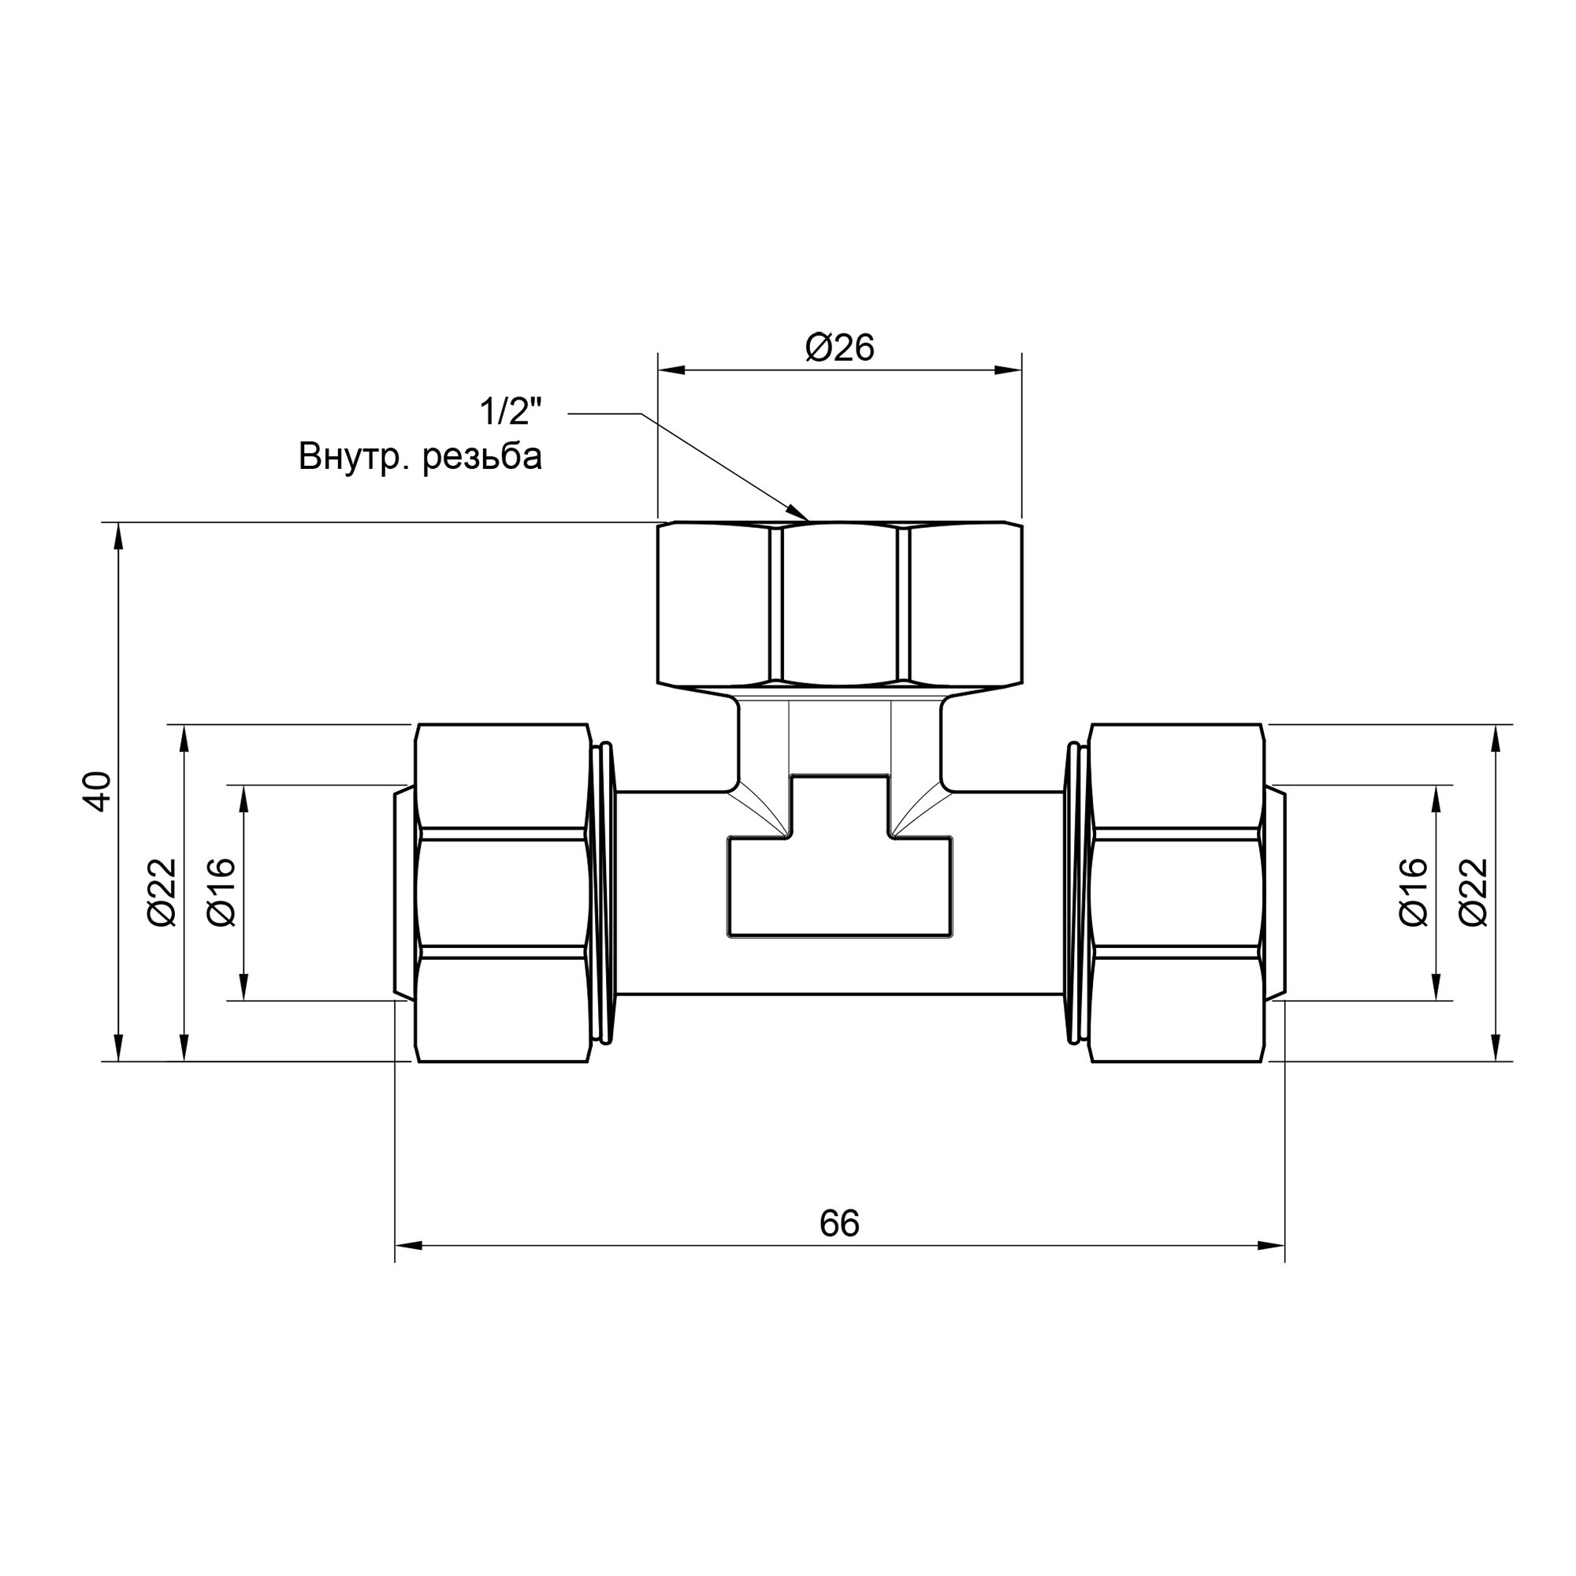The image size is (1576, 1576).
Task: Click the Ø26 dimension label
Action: (839, 348)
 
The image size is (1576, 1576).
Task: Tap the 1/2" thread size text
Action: (511, 412)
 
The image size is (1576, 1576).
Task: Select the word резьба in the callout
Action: (482, 457)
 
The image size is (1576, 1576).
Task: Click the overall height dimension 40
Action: (98, 790)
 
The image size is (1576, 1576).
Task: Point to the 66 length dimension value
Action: (839, 1224)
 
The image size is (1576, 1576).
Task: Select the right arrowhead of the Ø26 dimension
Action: (1009, 370)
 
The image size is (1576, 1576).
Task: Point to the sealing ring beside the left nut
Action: (604, 893)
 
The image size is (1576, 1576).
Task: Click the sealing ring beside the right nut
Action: (1074, 893)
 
